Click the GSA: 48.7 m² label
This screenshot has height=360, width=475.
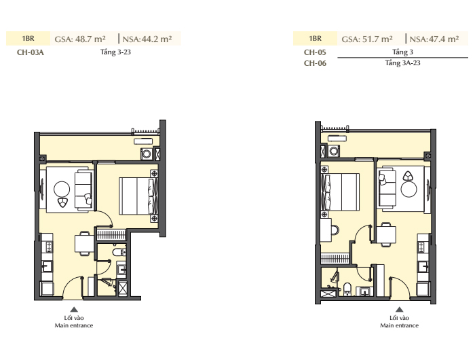(80, 39)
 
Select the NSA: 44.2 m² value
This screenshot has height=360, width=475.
(147, 39)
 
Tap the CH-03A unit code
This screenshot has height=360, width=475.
(31, 52)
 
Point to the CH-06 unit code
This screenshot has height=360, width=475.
(315, 63)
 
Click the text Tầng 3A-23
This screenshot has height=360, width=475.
(402, 62)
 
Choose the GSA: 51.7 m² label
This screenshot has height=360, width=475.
(367, 39)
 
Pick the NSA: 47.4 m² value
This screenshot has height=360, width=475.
(434, 39)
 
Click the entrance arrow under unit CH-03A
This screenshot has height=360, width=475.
(74, 309)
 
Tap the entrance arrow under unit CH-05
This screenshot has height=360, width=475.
(400, 309)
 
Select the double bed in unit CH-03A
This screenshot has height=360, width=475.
(138, 196)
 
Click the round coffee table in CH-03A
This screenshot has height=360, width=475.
(62, 190)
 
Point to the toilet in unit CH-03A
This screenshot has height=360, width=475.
(119, 252)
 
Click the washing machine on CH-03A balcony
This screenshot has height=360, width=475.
(147, 154)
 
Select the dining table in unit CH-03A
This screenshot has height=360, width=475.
(84, 244)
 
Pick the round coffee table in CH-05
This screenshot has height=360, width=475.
(408, 189)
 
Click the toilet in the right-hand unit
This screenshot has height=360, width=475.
(347, 289)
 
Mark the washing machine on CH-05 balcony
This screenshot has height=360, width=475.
(335, 151)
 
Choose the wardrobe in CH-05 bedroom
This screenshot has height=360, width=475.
(336, 258)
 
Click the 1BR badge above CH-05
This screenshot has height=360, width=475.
(315, 39)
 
